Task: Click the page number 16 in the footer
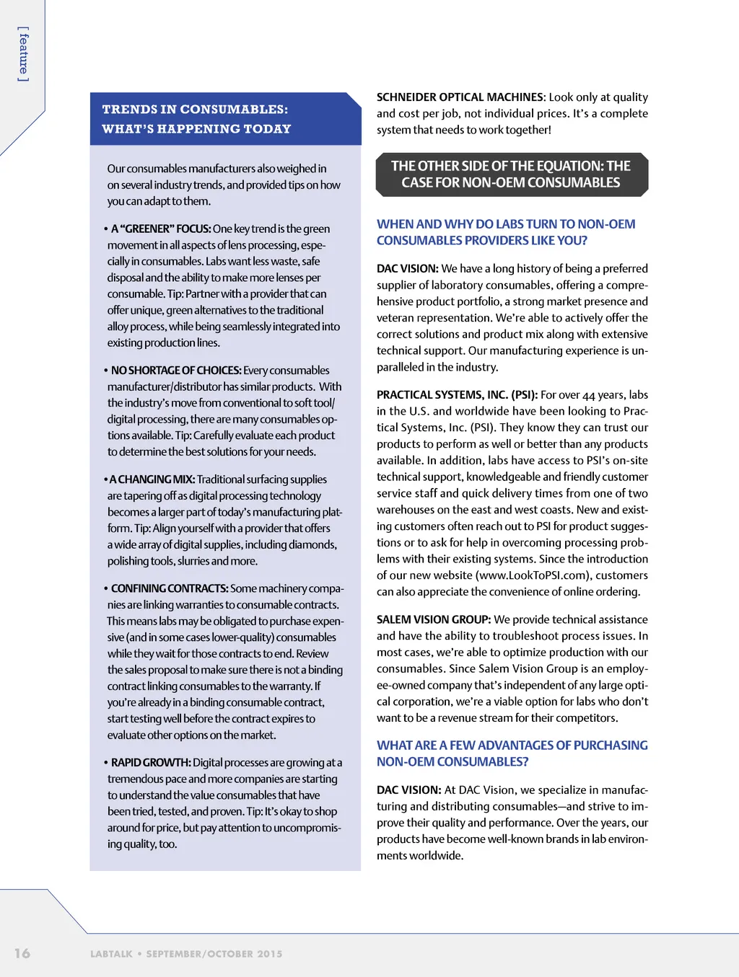(22, 952)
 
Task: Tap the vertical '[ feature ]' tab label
(24, 54)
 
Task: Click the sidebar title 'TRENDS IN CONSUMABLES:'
(195, 110)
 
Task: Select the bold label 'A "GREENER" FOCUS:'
(161, 229)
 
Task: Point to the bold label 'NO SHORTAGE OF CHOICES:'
(176, 370)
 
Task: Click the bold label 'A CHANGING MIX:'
(152, 479)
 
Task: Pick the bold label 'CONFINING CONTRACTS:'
(170, 588)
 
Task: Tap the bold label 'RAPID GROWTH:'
(151, 762)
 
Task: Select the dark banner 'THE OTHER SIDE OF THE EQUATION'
(511, 174)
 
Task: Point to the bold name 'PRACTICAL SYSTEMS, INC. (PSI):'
(457, 394)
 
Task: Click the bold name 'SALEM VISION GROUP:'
(434, 619)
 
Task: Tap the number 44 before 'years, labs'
(588, 395)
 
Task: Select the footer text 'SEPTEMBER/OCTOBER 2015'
(214, 954)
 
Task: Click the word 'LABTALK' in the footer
(111, 954)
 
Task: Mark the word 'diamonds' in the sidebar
(313, 544)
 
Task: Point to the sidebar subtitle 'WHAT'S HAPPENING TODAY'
(196, 129)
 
